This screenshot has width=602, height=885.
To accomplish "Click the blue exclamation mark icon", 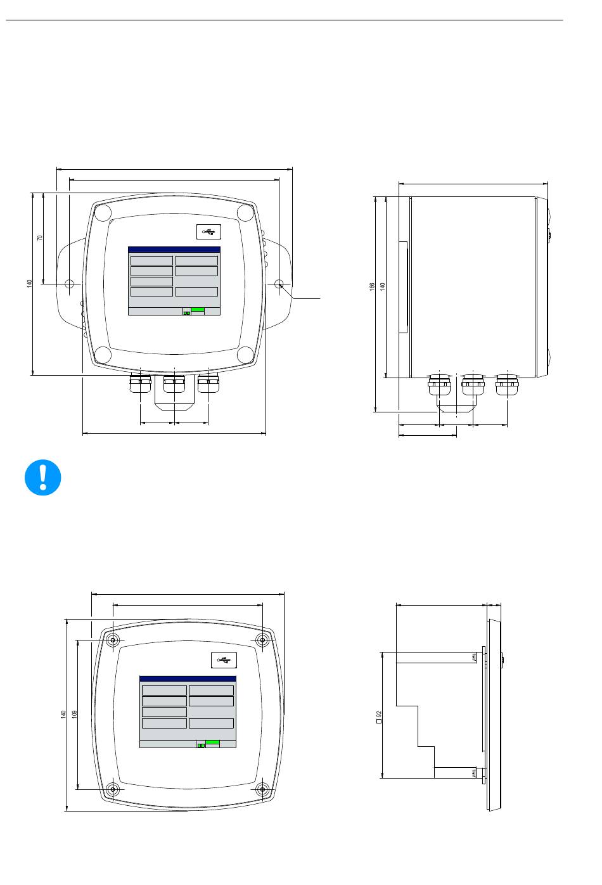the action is tap(42, 477).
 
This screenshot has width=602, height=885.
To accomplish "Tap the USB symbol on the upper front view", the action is tap(208, 232).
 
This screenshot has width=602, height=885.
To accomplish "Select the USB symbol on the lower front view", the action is tap(224, 660).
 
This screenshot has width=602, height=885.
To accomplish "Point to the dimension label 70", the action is tap(39, 238).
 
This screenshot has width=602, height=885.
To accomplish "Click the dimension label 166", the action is tap(371, 286).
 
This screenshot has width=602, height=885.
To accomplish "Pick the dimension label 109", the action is tap(74, 714).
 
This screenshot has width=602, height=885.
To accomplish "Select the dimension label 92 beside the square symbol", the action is tap(380, 715).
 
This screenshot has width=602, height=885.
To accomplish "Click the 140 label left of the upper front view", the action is tap(29, 284).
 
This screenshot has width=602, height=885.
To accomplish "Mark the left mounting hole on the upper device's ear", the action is tap(69, 284).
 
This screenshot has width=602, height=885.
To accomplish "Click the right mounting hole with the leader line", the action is tap(279, 284).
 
